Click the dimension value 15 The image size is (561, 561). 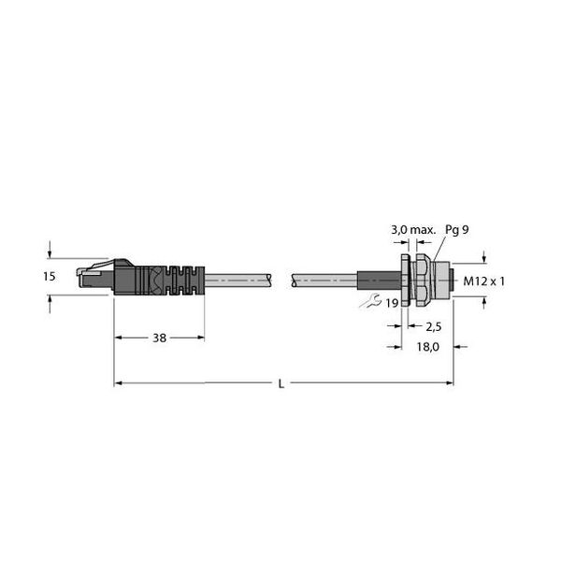coord(50,277)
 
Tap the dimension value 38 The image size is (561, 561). coord(160,338)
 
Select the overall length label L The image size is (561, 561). coord(281,384)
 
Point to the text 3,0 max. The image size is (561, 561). coord(413,230)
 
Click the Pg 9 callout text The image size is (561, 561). coord(457,230)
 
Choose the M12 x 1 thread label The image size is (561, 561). coord(483,281)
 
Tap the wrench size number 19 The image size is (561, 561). coord(392,303)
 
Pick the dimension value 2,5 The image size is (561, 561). coord(434,326)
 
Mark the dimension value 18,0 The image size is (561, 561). coord(428,347)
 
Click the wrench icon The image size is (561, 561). coord(370,301)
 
